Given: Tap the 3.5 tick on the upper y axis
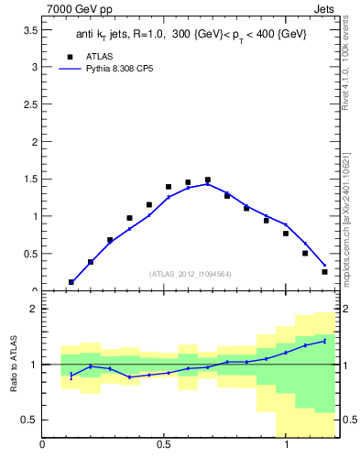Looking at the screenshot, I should [x=28, y=30].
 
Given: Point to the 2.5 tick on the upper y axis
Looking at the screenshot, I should [x=28, y=104].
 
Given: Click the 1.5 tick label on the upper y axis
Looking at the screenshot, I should [x=28, y=180].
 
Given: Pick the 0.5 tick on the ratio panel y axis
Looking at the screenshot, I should [x=28, y=420].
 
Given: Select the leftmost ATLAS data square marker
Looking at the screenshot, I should [x=71, y=282].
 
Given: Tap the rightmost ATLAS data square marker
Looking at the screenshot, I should [x=324, y=272].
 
